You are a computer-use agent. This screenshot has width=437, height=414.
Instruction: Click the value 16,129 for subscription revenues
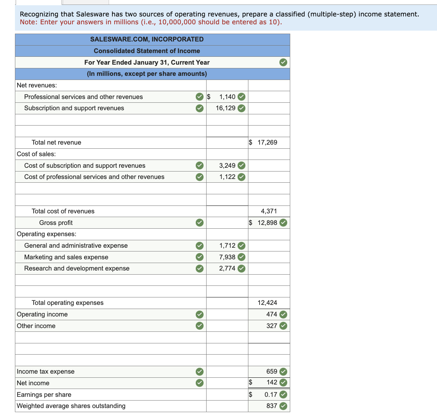226,108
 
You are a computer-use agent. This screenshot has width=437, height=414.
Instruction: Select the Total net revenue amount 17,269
267,142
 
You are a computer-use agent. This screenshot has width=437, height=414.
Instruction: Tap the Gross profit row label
56,223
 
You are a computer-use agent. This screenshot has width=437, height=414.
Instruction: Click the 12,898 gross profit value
267,223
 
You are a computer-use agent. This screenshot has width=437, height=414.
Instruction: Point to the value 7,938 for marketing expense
227,257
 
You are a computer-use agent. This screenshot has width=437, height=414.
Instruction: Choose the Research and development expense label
77,268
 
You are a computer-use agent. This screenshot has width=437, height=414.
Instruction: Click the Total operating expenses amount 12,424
267,303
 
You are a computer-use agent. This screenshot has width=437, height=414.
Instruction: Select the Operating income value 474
272,314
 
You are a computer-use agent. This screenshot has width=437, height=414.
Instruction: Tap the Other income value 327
272,326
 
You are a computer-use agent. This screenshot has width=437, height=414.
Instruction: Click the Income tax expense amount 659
272,371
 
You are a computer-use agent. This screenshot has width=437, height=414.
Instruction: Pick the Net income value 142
272,382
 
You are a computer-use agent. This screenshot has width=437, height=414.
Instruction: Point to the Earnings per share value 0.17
271,395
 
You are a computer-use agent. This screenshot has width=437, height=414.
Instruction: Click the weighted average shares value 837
272,406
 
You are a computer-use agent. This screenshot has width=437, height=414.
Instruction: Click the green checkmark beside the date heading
283,62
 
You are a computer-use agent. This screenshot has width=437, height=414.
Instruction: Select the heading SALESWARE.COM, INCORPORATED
147,39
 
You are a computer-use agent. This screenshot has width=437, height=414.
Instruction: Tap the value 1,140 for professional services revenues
227,97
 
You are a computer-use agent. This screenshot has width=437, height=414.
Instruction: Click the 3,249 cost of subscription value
227,166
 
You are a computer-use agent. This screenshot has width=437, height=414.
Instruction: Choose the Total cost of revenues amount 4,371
269,211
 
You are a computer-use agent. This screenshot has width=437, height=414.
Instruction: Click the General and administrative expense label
76,245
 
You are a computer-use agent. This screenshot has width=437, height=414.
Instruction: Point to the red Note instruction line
151,22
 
